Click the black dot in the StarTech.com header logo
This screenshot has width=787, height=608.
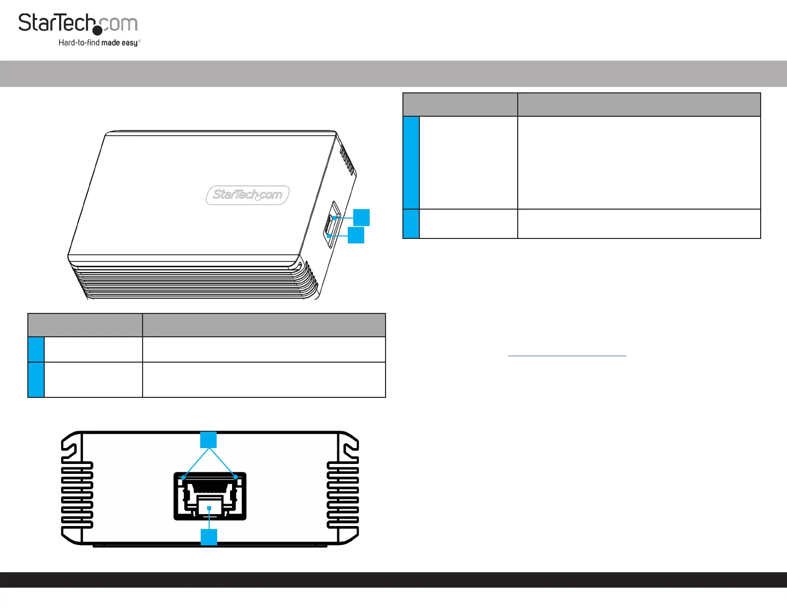(98, 30)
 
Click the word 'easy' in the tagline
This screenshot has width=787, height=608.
(130, 43)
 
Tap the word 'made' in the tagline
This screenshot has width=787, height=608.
(110, 43)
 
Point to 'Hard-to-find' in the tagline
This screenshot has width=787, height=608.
(79, 43)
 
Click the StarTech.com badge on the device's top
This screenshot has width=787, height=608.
(247, 195)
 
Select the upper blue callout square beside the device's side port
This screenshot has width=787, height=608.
(362, 218)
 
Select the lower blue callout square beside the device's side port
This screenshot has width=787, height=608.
(356, 235)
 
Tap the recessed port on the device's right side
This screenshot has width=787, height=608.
(332, 224)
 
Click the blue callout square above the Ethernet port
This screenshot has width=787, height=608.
(209, 440)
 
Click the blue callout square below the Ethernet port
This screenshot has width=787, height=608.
(209, 537)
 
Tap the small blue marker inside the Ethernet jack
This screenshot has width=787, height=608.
(209, 508)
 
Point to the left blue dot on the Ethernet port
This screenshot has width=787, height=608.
(183, 478)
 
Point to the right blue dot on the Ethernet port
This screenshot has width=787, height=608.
(236, 478)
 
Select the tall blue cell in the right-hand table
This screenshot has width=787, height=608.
(411, 162)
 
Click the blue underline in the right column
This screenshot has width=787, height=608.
(567, 356)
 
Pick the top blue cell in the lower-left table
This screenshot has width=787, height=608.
(36, 349)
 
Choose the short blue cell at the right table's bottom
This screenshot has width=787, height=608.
(411, 224)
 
